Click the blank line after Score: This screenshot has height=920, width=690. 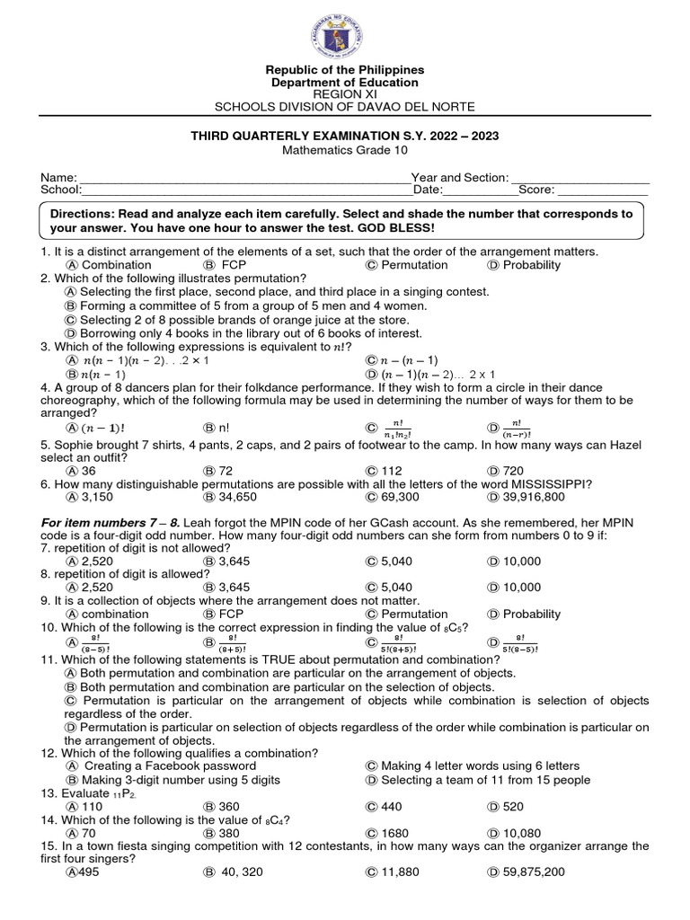[x=603, y=190]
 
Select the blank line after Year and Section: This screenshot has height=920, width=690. [x=579, y=179]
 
